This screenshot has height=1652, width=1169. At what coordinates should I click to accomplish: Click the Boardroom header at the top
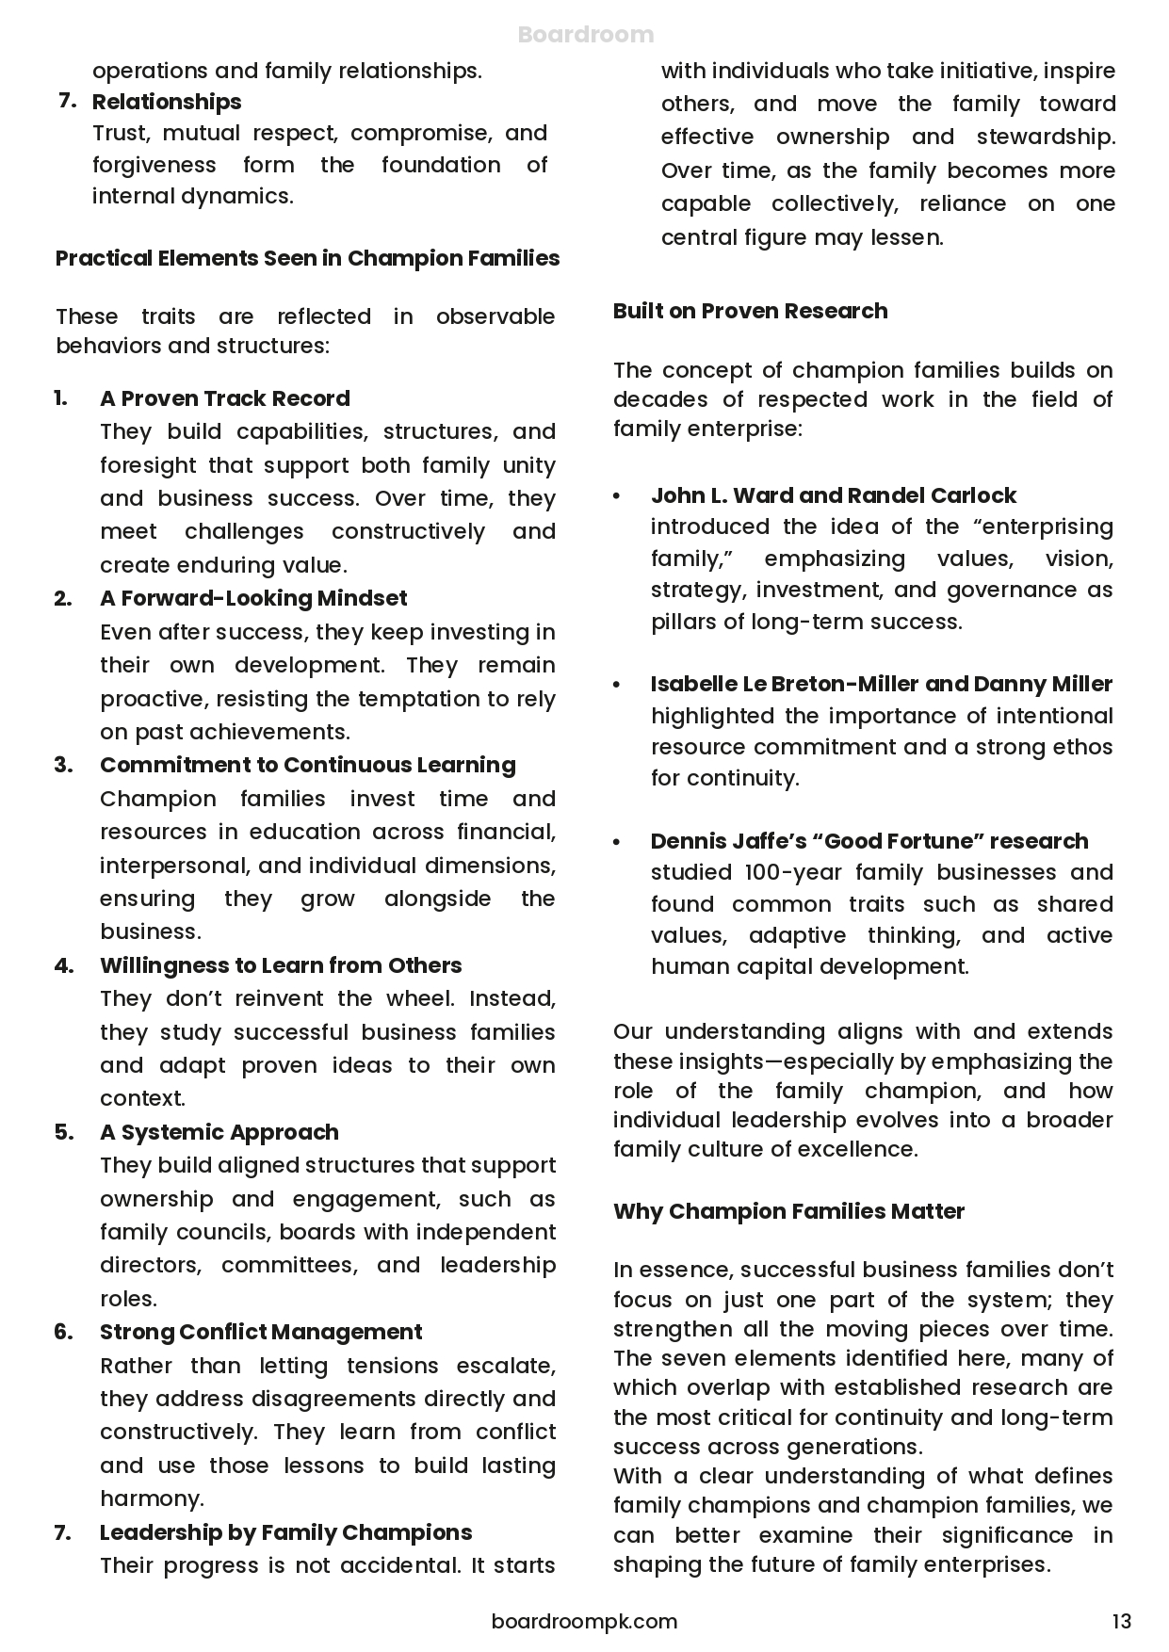585,35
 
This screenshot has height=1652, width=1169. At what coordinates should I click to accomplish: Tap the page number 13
1121,1621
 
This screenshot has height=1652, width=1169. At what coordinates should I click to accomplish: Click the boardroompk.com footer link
584,1621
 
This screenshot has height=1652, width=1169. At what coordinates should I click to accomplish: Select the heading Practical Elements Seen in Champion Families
307,258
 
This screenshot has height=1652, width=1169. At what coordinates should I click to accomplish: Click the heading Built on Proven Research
750,311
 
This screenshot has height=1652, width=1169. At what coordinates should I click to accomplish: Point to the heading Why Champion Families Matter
788,1211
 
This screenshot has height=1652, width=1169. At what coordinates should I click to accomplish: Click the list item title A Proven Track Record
224,398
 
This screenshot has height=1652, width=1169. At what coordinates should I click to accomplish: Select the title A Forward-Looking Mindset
253,598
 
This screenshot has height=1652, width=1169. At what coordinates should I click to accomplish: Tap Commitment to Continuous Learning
307,765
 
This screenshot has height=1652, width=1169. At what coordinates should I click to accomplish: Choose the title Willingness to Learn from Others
281,965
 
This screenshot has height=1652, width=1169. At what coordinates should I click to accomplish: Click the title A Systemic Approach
219,1132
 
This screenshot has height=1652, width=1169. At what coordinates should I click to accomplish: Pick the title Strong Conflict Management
261,1332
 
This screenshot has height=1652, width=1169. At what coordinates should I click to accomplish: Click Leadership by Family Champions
285,1532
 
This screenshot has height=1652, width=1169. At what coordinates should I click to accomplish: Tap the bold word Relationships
167,102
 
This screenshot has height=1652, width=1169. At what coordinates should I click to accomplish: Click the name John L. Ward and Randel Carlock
833,495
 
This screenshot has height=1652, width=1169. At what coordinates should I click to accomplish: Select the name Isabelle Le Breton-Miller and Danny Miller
881,684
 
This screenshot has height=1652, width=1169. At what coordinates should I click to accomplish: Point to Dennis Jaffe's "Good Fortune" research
869,841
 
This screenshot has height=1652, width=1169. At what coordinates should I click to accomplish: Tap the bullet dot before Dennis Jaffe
617,842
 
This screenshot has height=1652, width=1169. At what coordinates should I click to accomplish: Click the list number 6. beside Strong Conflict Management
63,1332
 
